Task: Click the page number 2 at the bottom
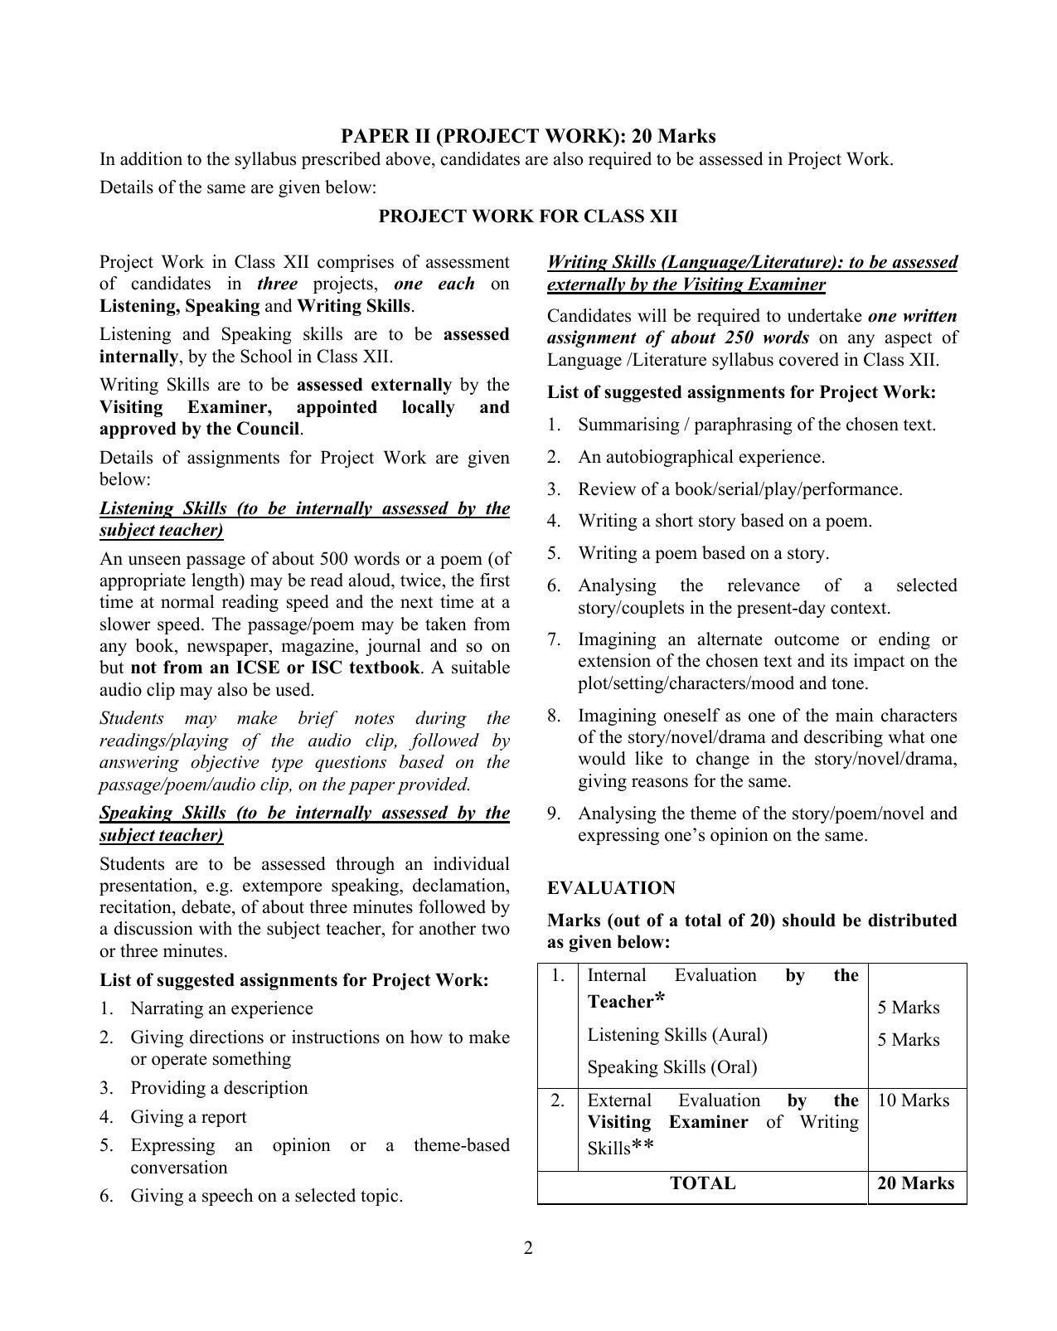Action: pyautogui.click(x=528, y=1248)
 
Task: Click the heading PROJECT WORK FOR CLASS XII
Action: pyautogui.click(x=528, y=216)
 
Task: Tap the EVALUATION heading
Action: pyautogui.click(x=611, y=888)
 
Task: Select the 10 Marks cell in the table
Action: pyautogui.click(x=913, y=1100)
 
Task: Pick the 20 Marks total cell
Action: pyautogui.click(x=915, y=1183)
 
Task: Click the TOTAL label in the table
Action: pyautogui.click(x=702, y=1183)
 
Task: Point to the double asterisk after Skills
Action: pyautogui.click(x=642, y=1148)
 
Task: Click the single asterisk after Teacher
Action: pyautogui.click(x=660, y=999)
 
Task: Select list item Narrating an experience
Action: pyautogui.click(x=221, y=1008)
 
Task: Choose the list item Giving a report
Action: pyautogui.click(x=188, y=1117)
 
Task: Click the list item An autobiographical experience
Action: pyautogui.click(x=701, y=457)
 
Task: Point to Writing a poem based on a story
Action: pyautogui.click(x=703, y=553)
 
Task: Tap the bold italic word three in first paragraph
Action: pyautogui.click(x=277, y=284)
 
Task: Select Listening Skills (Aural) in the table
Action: pyautogui.click(x=677, y=1035)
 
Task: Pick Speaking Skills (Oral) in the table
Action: pyautogui.click(x=672, y=1067)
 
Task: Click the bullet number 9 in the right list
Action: pyautogui.click(x=554, y=814)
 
